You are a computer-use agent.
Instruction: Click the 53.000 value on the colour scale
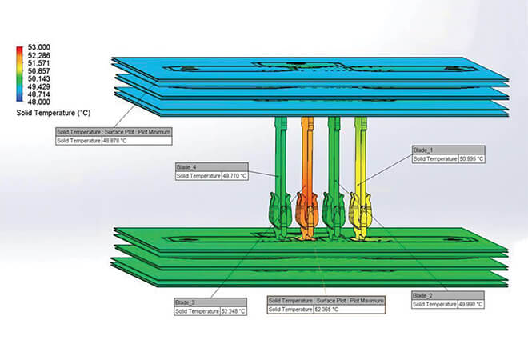pyautogui.click(x=38, y=47)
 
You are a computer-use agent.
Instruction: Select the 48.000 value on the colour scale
pyautogui.click(x=38, y=102)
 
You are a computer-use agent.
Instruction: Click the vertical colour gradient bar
pyautogui.click(x=19, y=74)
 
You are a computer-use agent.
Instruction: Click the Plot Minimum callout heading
pyautogui.click(x=113, y=131)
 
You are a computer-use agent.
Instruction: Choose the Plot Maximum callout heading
pyautogui.click(x=326, y=300)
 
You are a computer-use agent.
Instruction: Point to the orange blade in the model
pyautogui.click(x=307, y=160)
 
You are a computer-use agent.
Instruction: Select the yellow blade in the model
pyautogui.click(x=361, y=160)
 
